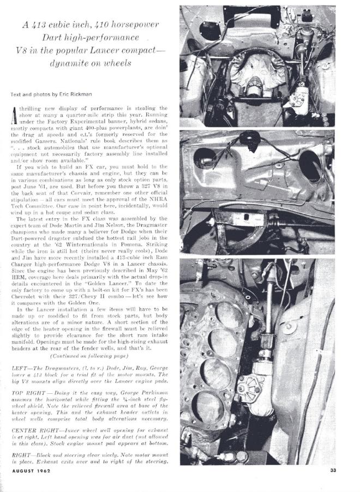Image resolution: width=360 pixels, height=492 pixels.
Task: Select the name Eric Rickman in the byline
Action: pyautogui.click(x=67, y=94)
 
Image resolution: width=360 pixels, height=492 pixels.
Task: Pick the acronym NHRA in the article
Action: pyautogui.click(x=158, y=201)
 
